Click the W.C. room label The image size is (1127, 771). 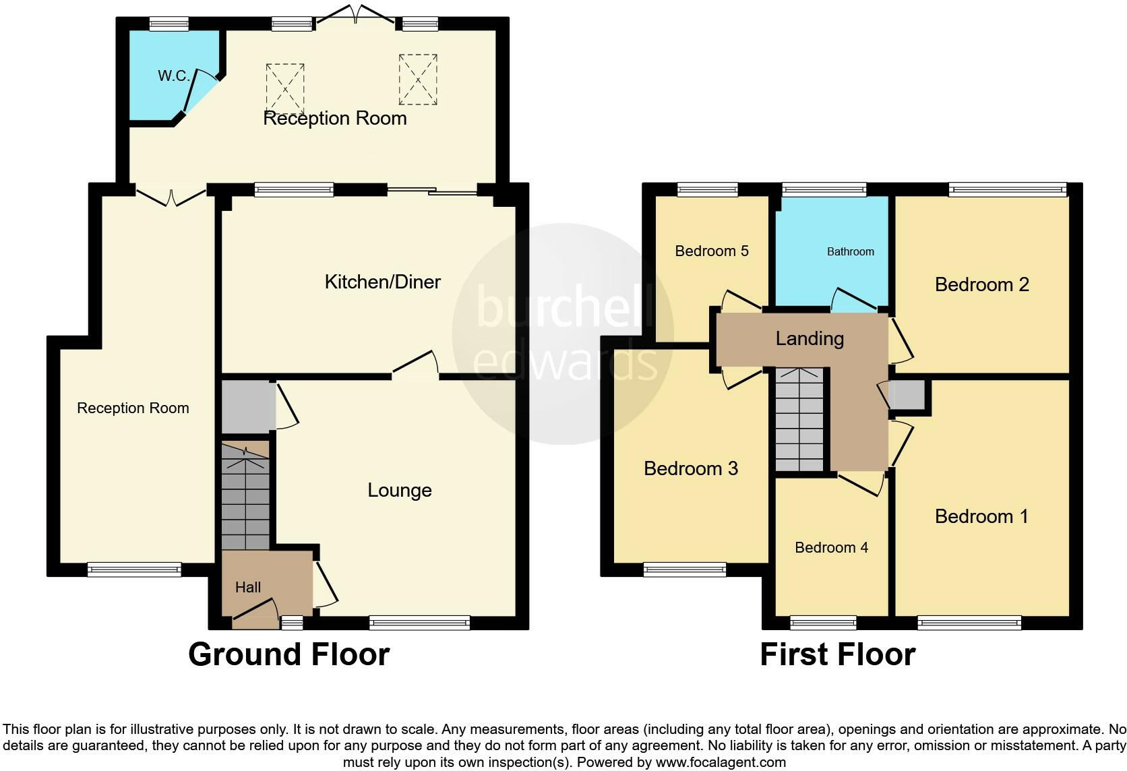173,76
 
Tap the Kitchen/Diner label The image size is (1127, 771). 382,282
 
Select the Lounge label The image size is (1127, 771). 399,490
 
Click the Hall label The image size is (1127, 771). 247,588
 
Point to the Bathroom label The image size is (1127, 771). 850,252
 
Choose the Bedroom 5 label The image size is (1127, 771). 711,251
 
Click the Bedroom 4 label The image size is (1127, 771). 831,547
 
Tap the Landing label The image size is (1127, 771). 810,338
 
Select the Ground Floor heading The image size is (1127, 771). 288,654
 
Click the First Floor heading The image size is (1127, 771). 837,654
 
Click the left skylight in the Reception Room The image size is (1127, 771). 285,88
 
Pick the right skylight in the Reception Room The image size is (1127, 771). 418,80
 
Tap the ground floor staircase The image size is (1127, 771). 245,499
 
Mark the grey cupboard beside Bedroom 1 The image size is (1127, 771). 907,396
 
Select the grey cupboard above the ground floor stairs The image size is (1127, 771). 247,406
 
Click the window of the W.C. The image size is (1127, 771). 169,25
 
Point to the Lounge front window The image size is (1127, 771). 419,623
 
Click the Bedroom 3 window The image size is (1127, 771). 685,570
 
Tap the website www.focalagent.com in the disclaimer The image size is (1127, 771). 721,763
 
